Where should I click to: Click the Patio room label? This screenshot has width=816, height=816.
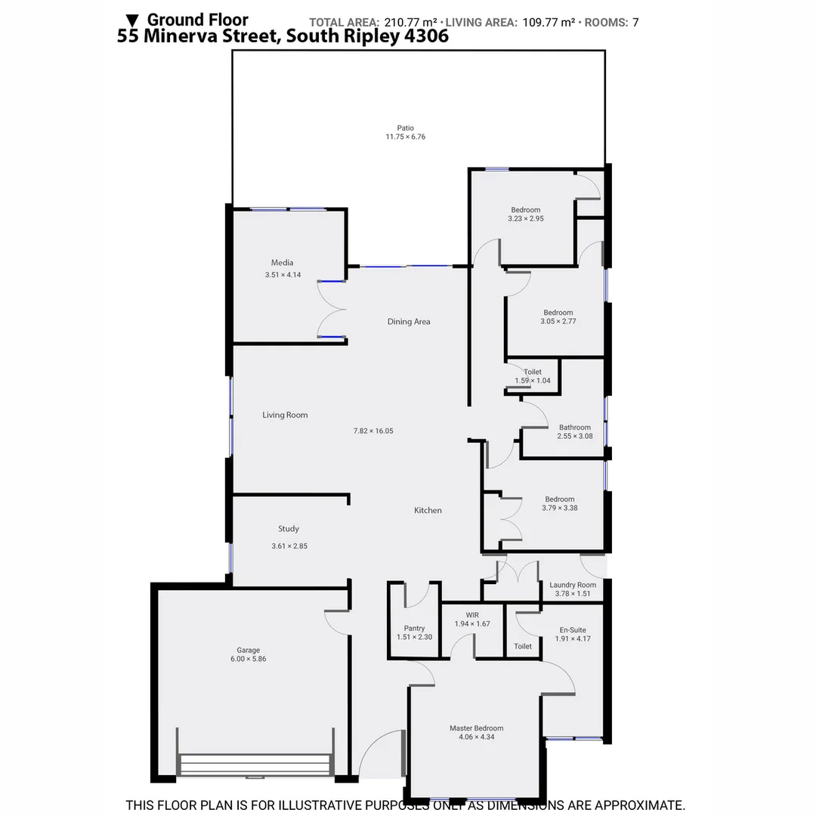406,128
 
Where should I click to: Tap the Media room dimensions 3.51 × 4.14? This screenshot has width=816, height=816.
283,275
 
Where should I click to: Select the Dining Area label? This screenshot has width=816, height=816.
409,322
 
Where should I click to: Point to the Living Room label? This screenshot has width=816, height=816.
285,415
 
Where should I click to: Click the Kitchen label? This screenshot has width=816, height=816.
428,511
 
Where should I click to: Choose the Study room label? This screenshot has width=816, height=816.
289,529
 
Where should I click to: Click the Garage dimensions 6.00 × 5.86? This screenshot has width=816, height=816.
249,659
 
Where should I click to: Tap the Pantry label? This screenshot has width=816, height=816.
414,628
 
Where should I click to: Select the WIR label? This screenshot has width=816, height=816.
472,615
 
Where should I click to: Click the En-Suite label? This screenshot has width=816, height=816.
572,630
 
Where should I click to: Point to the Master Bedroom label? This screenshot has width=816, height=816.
476,728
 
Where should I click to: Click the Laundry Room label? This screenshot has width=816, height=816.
573,585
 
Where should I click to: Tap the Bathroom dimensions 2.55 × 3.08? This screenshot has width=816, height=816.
574,436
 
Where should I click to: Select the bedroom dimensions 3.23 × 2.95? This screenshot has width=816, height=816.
526,218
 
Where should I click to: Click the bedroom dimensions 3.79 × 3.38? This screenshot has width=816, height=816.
560,508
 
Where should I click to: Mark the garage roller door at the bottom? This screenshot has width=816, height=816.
255,765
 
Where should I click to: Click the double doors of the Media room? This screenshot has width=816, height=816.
331,309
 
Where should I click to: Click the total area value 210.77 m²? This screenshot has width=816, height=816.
411,23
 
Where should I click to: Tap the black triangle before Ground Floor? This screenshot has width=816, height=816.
132,20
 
